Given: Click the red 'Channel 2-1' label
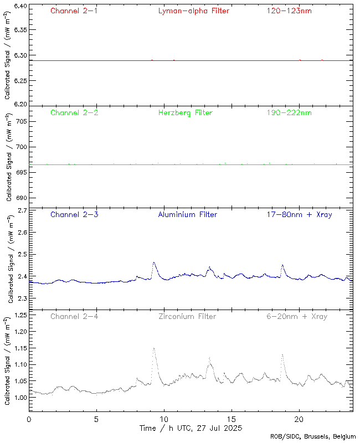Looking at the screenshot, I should (74, 11).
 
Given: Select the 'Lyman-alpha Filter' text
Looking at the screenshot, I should (193, 11).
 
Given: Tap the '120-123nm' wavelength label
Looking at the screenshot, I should (289, 11).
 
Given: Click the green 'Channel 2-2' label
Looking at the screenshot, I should (74, 112).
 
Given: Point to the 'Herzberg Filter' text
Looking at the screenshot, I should (185, 112).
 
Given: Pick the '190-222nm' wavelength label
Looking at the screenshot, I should (289, 112).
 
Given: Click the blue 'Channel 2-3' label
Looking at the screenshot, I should (74, 214).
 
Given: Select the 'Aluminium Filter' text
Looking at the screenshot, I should (187, 214).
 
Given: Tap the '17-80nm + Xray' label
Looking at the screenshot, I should (299, 214).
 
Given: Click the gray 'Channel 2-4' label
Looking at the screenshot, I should (74, 316).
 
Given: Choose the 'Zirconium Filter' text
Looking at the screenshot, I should (187, 316).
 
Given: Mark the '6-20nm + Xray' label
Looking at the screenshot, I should (296, 316).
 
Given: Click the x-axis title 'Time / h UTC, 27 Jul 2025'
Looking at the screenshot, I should (190, 428).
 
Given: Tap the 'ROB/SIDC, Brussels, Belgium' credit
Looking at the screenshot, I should (313, 437).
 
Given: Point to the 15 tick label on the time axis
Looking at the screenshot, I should (232, 419).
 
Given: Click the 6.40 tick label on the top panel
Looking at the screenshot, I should (19, 7).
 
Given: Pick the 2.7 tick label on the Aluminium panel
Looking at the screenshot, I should (22, 210).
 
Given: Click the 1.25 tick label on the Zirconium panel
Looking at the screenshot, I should (19, 315).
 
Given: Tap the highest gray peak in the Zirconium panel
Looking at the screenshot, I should (153, 348).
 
